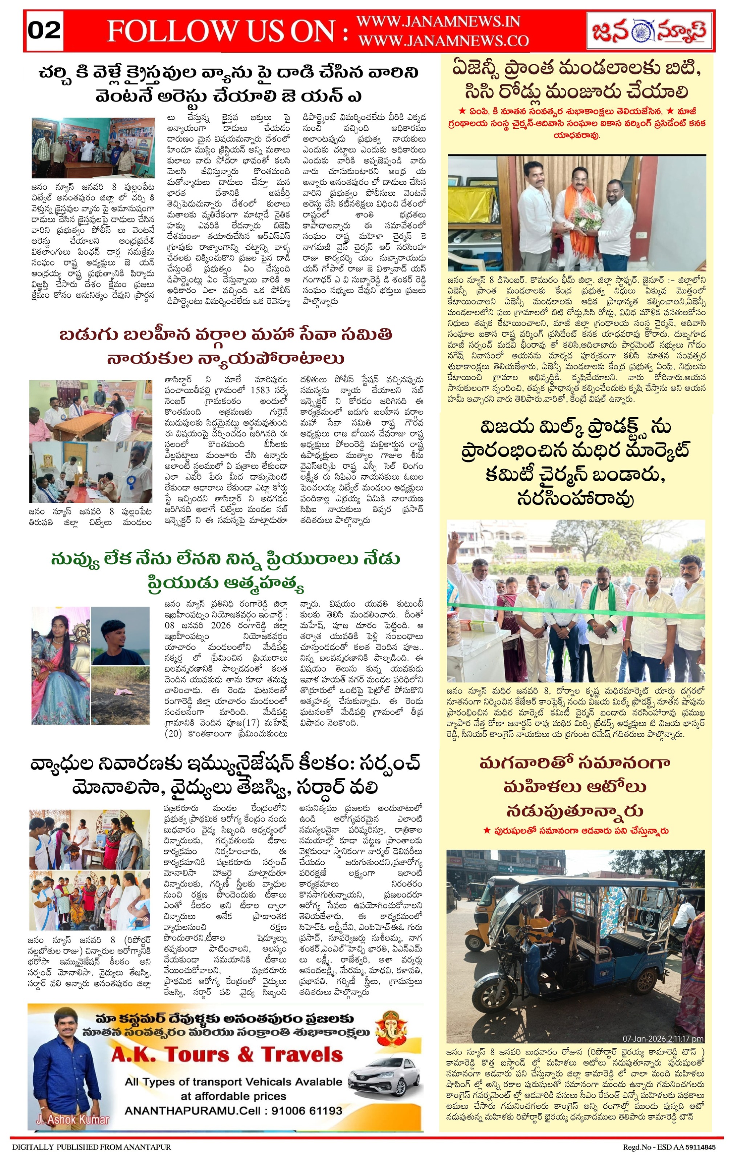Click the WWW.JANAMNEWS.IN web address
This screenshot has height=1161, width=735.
(438, 22)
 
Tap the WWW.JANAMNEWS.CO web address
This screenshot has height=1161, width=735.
(443, 41)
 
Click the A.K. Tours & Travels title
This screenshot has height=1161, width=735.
(227, 1054)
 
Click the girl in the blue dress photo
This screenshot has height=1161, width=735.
(60, 665)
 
